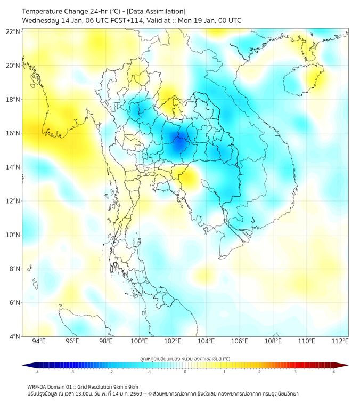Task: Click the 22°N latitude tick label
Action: coord(13,31)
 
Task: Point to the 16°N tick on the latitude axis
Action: coord(13,133)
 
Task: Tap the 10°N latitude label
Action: coord(13,235)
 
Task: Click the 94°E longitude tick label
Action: coord(39,341)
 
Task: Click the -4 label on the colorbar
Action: coord(36,372)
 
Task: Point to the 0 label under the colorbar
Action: coord(185,372)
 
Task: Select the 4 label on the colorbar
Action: coord(334,372)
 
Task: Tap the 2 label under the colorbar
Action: coord(259,372)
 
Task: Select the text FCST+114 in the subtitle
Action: coord(124,20)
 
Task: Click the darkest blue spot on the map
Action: coord(179,142)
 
